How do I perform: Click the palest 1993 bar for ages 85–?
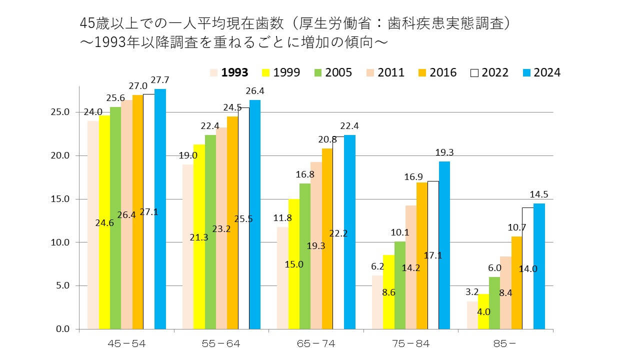click(472, 315)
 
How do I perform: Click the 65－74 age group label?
click(317, 343)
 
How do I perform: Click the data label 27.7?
click(159, 80)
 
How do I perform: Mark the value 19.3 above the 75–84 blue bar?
click(444, 153)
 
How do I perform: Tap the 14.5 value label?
click(539, 195)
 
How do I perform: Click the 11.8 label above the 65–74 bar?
click(282, 217)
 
